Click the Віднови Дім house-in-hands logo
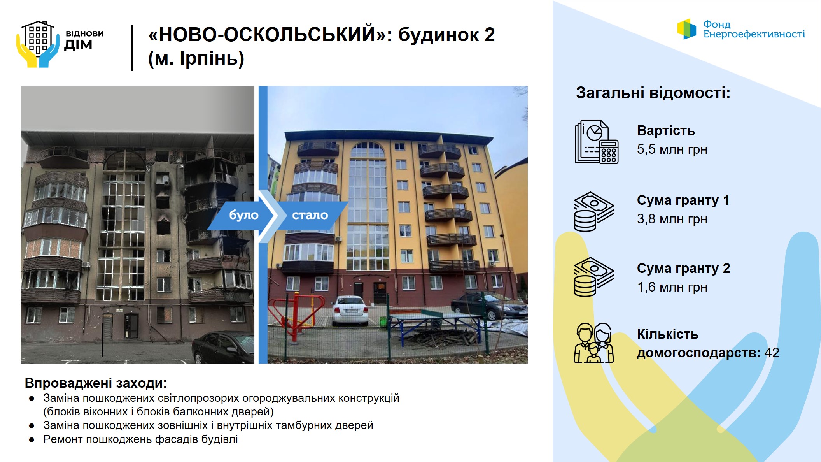tap(38, 44)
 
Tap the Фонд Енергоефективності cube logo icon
tap(686, 29)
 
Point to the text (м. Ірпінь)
tap(196, 58)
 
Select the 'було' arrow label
tap(243, 215)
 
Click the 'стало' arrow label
tap(310, 215)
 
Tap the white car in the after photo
tap(350, 310)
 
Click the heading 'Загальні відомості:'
tap(653, 93)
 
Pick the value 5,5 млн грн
tap(672, 149)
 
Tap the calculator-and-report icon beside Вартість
tap(597, 142)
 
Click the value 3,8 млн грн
tap(672, 219)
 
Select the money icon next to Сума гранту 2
tap(594, 277)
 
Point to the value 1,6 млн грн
tap(672, 287)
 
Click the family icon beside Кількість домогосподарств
tap(593, 343)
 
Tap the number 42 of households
tap(772, 353)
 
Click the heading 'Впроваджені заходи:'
tap(96, 383)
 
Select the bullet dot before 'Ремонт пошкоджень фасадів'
tap(32, 440)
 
